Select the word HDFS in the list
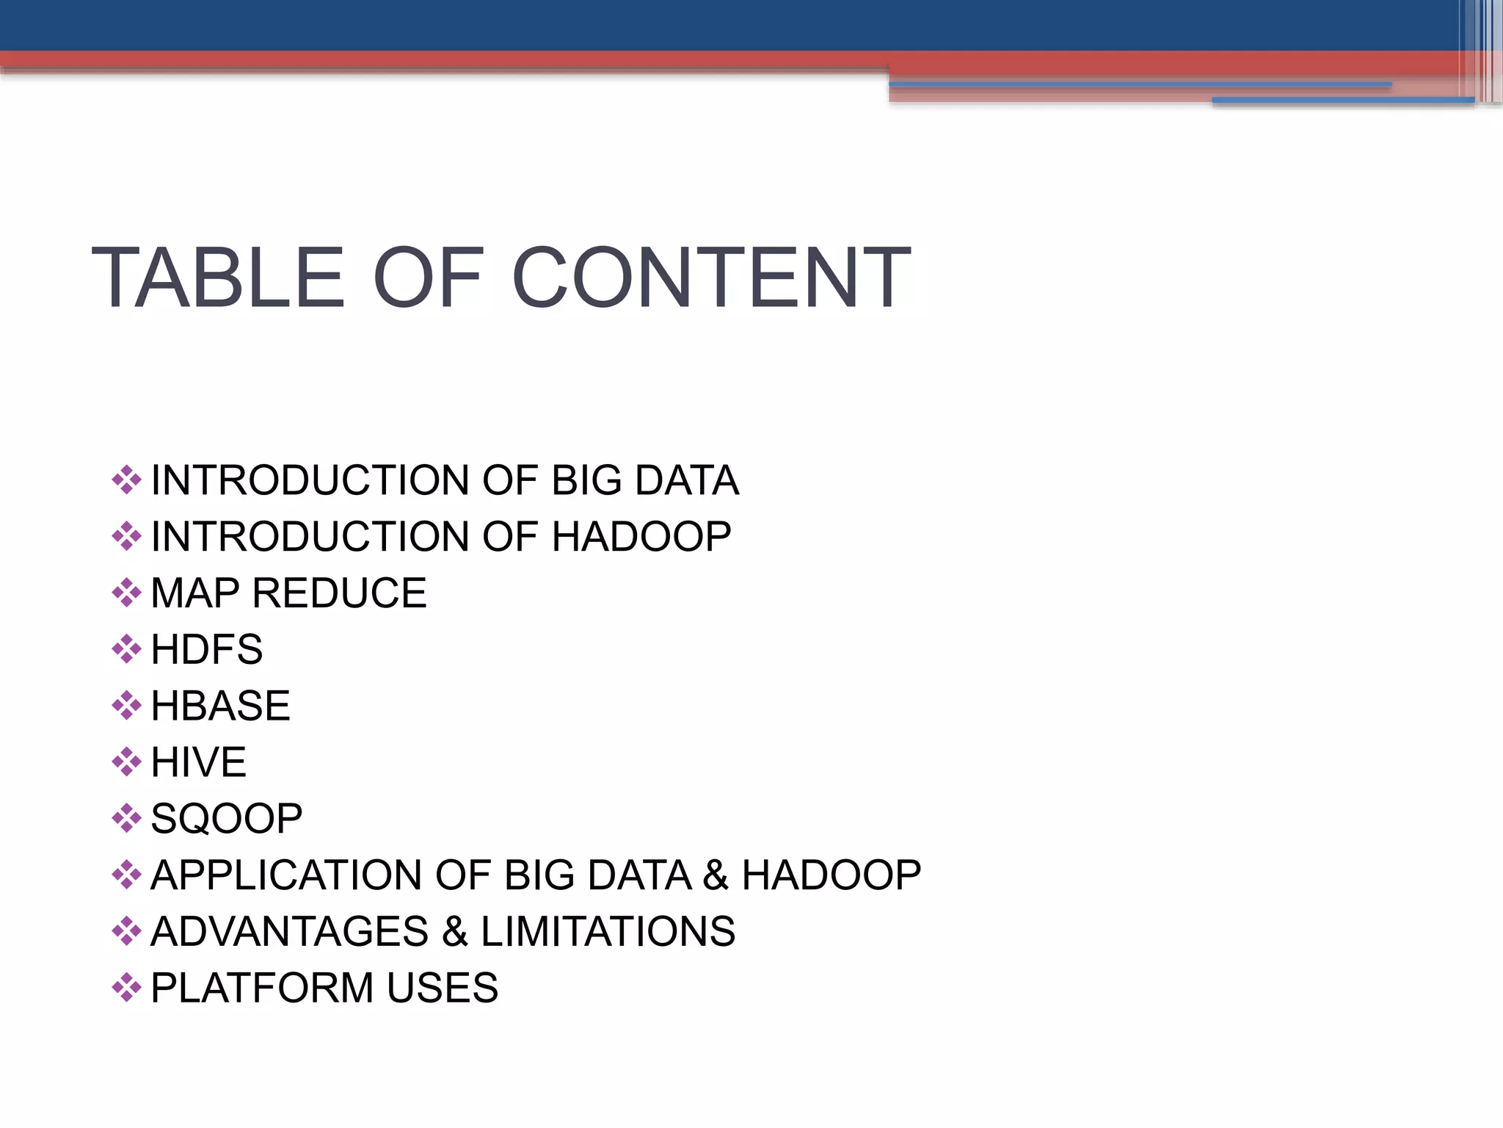(x=206, y=649)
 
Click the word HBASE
(x=220, y=706)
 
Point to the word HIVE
(x=198, y=762)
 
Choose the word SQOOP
(x=226, y=818)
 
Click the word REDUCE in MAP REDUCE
(x=339, y=593)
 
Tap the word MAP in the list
(x=195, y=593)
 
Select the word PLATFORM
(x=262, y=988)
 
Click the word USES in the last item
(x=443, y=988)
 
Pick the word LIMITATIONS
(x=608, y=931)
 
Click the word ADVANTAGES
(x=289, y=931)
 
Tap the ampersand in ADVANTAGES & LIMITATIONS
(x=454, y=931)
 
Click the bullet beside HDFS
(x=126, y=649)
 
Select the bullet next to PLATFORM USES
(x=126, y=988)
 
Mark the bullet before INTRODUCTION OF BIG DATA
(x=126, y=480)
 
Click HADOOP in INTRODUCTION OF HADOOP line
(x=641, y=537)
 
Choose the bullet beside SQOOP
(x=126, y=818)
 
